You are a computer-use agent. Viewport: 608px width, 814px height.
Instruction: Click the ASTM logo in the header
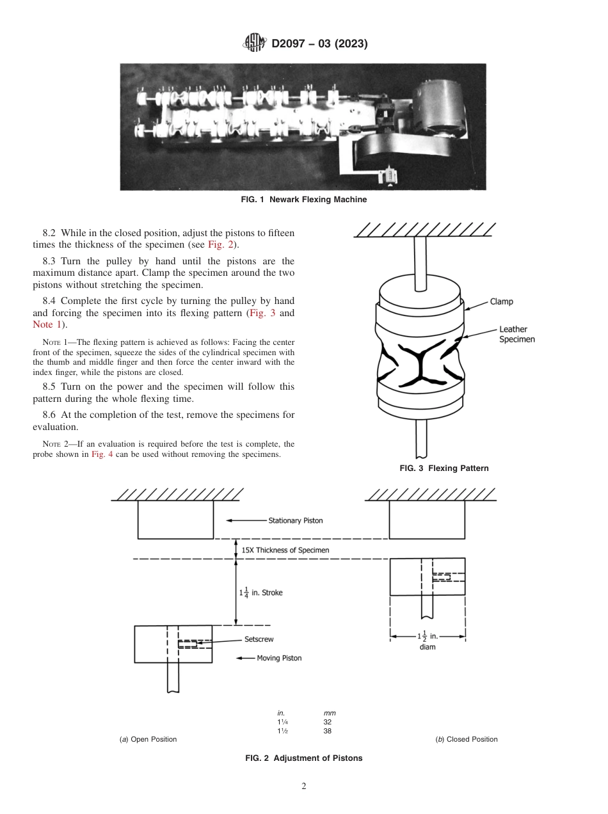pyautogui.click(x=255, y=44)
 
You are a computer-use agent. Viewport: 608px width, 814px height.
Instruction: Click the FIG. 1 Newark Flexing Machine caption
pyautogui.click(x=303, y=200)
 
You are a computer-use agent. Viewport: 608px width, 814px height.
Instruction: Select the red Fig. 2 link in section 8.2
pyautogui.click(x=218, y=245)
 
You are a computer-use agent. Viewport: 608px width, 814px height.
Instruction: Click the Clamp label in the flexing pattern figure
pyautogui.click(x=501, y=301)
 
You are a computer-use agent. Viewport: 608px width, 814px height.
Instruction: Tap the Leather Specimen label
pyautogui.click(x=516, y=334)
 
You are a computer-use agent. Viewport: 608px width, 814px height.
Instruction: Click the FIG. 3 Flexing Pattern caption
pyautogui.click(x=444, y=468)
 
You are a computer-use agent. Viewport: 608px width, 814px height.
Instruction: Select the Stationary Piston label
pyautogui.click(x=295, y=520)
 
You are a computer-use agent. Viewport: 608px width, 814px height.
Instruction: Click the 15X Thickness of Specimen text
pyautogui.click(x=285, y=550)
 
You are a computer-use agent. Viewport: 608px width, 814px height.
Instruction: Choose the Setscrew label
pyautogui.click(x=259, y=639)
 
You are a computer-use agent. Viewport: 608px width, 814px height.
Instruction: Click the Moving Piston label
pyautogui.click(x=278, y=658)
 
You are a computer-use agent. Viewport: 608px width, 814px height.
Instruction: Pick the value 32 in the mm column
pyautogui.click(x=327, y=722)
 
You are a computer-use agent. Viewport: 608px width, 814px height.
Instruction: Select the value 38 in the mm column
pyautogui.click(x=327, y=731)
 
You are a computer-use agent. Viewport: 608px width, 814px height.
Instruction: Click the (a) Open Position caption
pyautogui.click(x=148, y=739)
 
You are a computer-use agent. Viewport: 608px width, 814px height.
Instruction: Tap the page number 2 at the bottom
pyautogui.click(x=304, y=786)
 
